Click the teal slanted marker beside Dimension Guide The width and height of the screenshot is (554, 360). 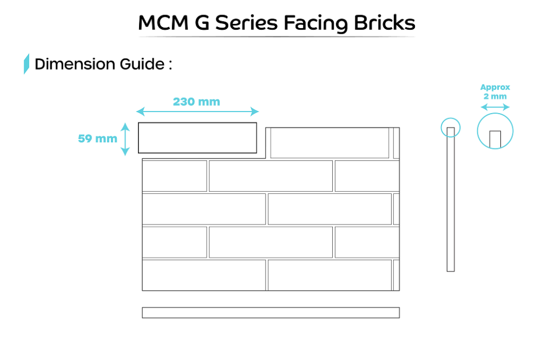pos(26,64)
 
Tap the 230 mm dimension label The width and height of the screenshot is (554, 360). pos(196,102)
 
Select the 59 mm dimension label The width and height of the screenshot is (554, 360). pos(97,139)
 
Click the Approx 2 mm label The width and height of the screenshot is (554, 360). pos(495,91)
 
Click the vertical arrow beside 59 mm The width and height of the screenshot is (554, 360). pos(125,139)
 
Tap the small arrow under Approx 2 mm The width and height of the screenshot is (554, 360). pos(495,107)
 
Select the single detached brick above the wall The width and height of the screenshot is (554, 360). pos(197,138)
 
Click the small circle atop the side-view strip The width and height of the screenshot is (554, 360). pos(450,128)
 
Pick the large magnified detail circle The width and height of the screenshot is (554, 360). pos(495,132)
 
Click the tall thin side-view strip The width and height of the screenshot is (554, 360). pos(450,206)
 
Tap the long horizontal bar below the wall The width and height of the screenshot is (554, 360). pos(271,312)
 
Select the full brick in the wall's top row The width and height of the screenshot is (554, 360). pos(329,143)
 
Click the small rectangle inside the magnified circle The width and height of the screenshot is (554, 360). pos(495,139)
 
